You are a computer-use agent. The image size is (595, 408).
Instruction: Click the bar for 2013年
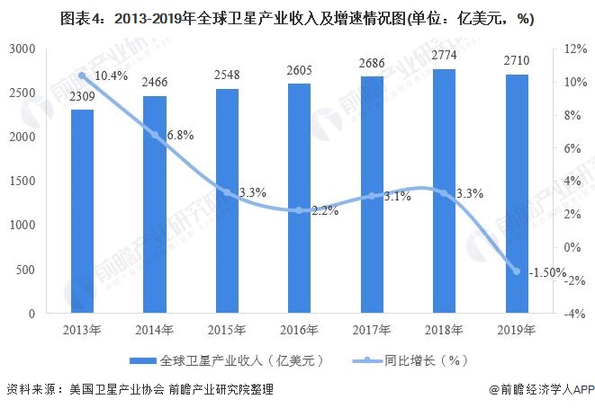pyautogui.click(x=82, y=211)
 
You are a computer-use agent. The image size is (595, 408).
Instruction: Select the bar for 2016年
pyautogui.click(x=299, y=198)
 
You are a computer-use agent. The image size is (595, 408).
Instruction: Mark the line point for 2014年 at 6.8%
pyautogui.click(x=154, y=135)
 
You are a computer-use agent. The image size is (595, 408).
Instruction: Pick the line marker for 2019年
pyautogui.click(x=516, y=271)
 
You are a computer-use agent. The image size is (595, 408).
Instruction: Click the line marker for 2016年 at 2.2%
pyautogui.click(x=299, y=210)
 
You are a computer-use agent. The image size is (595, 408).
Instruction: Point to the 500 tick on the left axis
pyautogui.click(x=26, y=270)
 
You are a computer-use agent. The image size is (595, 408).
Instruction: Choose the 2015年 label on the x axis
pyautogui.click(x=227, y=330)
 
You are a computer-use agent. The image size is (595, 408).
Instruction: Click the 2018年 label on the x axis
pyautogui.click(x=444, y=330)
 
